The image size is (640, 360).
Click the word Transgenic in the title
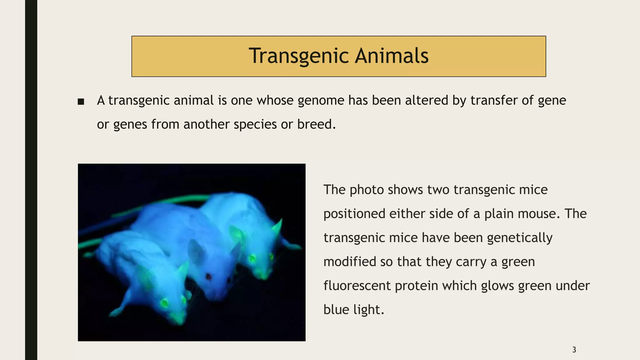tap(298, 56)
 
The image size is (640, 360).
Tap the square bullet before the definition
tap(81, 102)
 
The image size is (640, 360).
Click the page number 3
tap(574, 350)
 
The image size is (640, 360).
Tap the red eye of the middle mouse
tap(208, 276)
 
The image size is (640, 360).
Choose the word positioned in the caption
tap(354, 214)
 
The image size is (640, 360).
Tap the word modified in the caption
tap(350, 262)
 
